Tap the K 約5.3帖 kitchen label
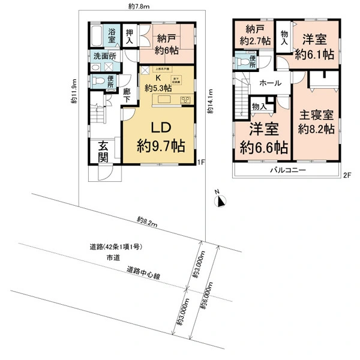pos(158,83)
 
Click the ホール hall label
pos(271,85)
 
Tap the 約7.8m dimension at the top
pos(143,5)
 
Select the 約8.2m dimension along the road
pos(147,221)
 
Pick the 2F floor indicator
pos(346,176)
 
